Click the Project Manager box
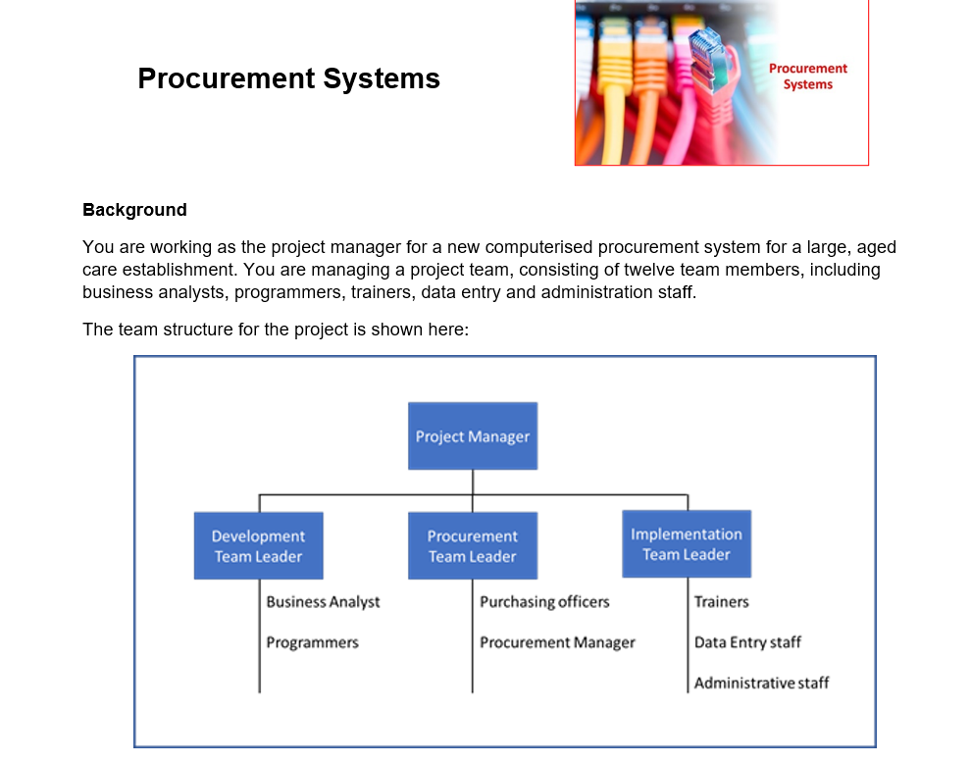click(x=472, y=436)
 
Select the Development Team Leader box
click(x=258, y=546)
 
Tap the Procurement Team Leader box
click(x=472, y=546)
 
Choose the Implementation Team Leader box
click(x=687, y=544)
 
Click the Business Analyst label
click(x=323, y=602)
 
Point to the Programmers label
click(x=312, y=642)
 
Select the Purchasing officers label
click(x=544, y=602)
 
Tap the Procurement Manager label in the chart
click(x=557, y=642)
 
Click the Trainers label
click(x=721, y=602)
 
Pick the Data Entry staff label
click(x=747, y=642)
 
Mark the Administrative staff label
click(x=761, y=683)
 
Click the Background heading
click(x=134, y=210)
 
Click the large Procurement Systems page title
click(x=288, y=78)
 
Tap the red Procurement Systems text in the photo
click(x=807, y=76)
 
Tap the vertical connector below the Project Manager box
click(x=473, y=482)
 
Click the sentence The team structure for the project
click(x=276, y=330)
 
